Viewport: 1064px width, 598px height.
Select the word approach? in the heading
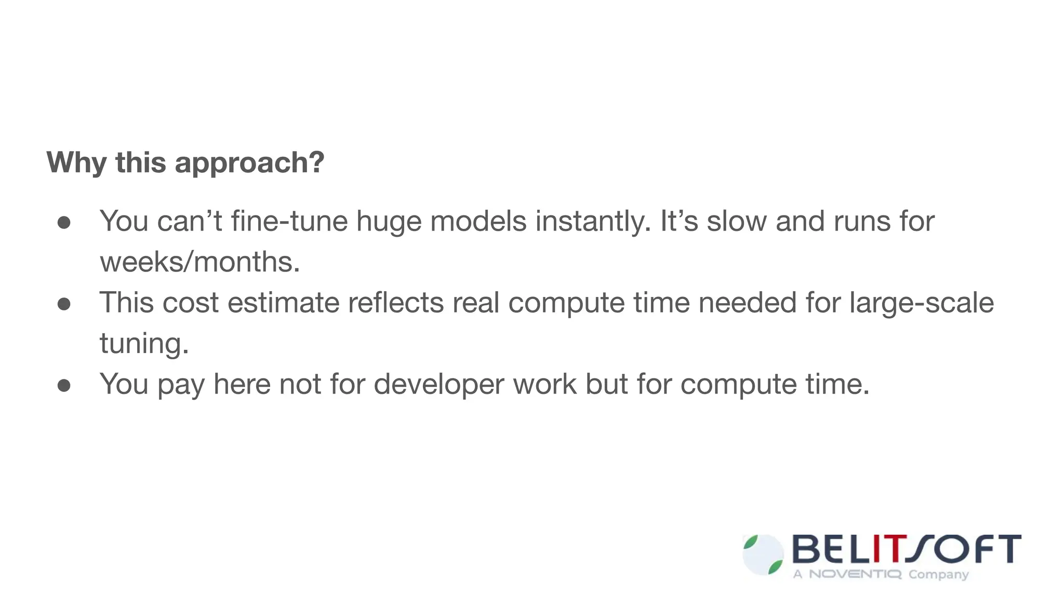(249, 164)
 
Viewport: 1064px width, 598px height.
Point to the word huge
(389, 222)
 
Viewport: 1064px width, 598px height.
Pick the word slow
(737, 221)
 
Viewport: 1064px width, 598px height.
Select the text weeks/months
(200, 262)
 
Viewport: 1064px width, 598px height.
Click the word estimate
(284, 303)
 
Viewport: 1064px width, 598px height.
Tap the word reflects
(396, 303)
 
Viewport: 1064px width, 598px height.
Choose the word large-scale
(922, 303)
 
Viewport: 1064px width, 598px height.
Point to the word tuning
(144, 344)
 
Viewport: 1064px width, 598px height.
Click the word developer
(438, 385)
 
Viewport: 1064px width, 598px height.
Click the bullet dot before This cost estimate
(64, 304)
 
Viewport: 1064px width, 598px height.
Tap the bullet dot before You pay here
(64, 386)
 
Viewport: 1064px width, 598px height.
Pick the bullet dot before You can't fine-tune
(64, 223)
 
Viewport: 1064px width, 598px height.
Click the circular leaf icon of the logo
(763, 555)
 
